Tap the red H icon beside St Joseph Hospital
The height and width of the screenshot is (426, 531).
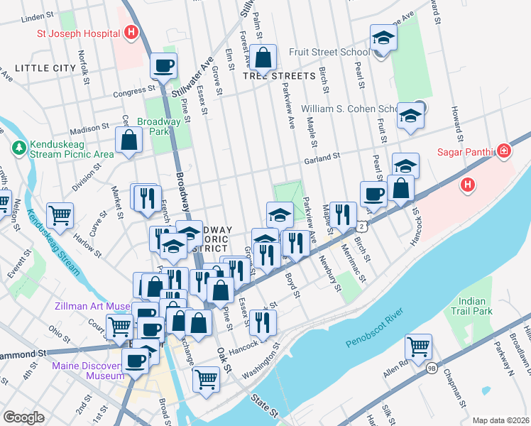pos(131,32)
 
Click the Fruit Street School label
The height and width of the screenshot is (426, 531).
pos(329,52)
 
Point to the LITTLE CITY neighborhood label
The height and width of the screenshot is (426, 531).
pos(45,67)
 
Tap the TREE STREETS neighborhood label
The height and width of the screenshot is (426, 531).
pos(279,75)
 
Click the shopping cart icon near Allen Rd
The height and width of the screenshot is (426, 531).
pos(419,347)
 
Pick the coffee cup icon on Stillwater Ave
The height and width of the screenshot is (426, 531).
pos(163,66)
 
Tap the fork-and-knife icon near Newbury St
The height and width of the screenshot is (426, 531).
pos(342,214)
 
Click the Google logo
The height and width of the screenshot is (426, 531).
pos(23,417)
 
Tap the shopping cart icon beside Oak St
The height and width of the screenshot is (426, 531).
pos(206,378)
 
